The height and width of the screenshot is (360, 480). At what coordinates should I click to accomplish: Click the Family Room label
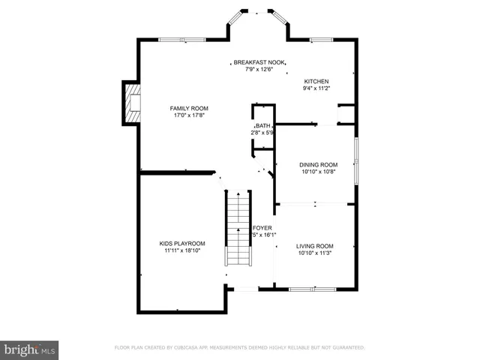pos(188,109)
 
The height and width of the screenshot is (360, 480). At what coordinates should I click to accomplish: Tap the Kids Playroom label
pos(182,243)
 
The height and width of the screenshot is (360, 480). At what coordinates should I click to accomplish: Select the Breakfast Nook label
pos(259,62)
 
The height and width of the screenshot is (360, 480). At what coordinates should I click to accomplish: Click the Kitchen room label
pos(316,81)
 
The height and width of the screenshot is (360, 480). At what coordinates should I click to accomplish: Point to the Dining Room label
pos(318,164)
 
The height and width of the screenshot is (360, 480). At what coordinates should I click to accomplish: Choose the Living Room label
pos(314,246)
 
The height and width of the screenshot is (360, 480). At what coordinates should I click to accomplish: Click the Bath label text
pos(262,126)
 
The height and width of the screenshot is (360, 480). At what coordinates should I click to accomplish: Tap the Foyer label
pos(262,227)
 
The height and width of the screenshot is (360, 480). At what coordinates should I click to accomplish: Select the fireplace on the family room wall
pos(132,103)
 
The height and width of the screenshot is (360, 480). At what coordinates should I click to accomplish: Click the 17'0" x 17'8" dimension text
pos(188,115)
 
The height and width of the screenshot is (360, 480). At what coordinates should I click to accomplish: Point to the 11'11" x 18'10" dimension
pos(182,250)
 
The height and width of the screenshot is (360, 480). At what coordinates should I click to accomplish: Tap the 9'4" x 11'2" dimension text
pos(316,88)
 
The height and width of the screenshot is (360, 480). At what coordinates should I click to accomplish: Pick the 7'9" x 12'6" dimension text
pos(259,70)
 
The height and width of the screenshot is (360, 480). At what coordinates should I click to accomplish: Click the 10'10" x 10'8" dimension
pos(318,172)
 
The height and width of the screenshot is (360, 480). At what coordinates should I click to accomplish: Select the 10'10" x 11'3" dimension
pos(314,253)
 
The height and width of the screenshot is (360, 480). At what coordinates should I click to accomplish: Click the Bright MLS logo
pos(29,349)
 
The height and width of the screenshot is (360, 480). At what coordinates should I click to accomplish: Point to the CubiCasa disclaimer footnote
pos(239,348)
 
